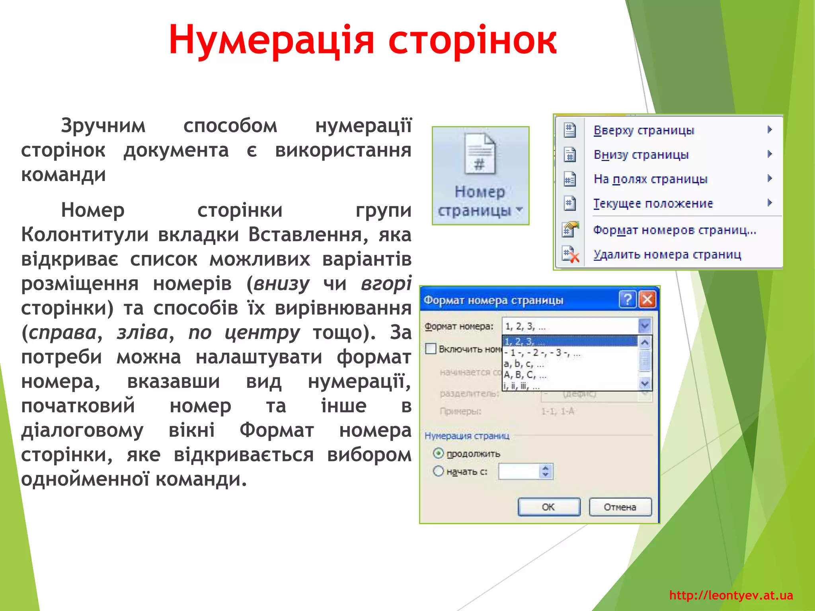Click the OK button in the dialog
click(548, 507)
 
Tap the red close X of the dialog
click(647, 299)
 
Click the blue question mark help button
click(628, 299)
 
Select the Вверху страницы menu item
click(643, 130)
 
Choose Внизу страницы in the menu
click(641, 154)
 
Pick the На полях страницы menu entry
click(650, 179)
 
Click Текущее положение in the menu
click(653, 204)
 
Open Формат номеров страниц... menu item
click(674, 230)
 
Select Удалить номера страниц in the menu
click(667, 255)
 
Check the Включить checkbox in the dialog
click(431, 349)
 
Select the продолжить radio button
click(438, 453)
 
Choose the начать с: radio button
click(438, 471)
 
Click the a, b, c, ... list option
click(524, 364)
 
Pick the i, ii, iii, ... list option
click(522, 386)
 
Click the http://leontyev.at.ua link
click(731, 595)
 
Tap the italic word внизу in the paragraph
click(281, 284)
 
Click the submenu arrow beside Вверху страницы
click(770, 130)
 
